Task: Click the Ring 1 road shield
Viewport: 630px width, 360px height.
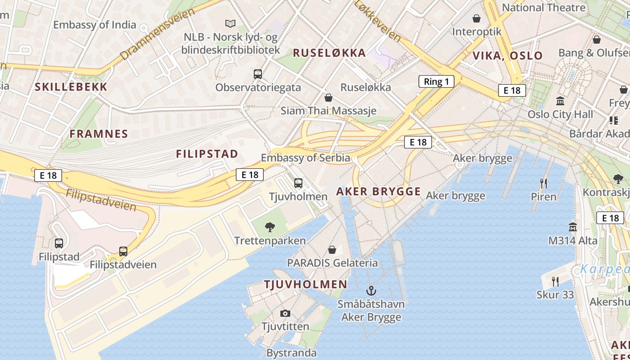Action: coord(436,81)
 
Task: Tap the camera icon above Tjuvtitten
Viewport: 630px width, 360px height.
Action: coord(285,313)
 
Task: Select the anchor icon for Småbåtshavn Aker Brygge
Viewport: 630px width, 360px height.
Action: coord(371,290)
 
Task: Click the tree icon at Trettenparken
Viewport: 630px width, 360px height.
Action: coord(270,227)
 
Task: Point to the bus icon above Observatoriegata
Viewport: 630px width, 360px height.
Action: coord(258,74)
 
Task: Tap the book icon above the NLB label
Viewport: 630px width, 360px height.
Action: coord(230,23)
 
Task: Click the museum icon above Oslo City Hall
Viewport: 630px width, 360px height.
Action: coord(560,100)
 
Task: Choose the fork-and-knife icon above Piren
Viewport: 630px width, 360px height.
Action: coord(544,183)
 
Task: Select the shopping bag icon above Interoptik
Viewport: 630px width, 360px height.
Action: coord(477,18)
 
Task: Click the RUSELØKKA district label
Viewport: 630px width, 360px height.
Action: coord(329,53)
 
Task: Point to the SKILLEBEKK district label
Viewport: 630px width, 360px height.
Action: coord(71,87)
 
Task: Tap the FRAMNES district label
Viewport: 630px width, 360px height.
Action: coord(99,134)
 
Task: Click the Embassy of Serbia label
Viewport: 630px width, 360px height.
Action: coord(306,157)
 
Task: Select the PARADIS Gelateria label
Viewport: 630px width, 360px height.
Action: coord(332,262)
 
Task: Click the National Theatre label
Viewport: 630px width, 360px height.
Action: coord(544,8)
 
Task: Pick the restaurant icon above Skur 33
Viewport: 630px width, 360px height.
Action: coord(555,282)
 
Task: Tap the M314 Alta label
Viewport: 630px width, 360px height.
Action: coord(572,240)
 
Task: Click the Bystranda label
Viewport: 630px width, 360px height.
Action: coord(291,353)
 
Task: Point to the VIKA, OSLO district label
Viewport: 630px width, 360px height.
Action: coord(507,56)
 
